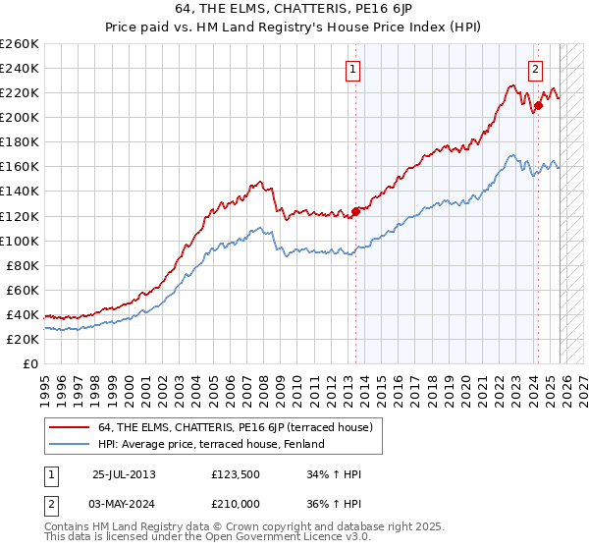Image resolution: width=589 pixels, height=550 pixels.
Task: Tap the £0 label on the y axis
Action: click(29, 363)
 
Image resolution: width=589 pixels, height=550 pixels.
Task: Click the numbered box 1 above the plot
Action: click(352, 69)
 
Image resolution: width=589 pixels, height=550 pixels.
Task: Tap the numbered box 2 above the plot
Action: click(536, 69)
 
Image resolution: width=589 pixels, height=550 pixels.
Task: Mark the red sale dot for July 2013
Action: click(355, 211)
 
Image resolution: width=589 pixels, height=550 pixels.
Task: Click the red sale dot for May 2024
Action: click(538, 106)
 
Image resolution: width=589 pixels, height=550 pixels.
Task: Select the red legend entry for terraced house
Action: click(235, 427)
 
